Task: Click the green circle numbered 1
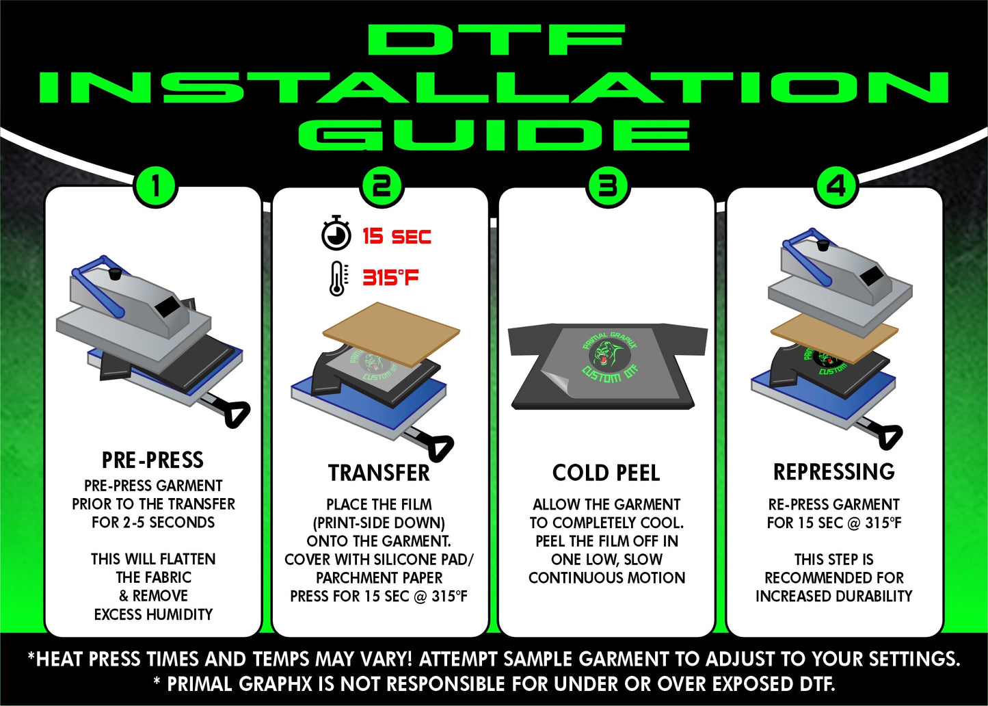(155, 186)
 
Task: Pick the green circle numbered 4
(837, 186)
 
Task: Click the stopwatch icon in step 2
(336, 233)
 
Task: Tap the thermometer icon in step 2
(338, 278)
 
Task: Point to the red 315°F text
(390, 278)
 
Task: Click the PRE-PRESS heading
(153, 460)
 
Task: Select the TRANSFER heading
(379, 473)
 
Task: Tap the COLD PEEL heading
(606, 473)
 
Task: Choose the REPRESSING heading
(834, 472)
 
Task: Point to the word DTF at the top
(496, 40)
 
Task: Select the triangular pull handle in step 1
(237, 413)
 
